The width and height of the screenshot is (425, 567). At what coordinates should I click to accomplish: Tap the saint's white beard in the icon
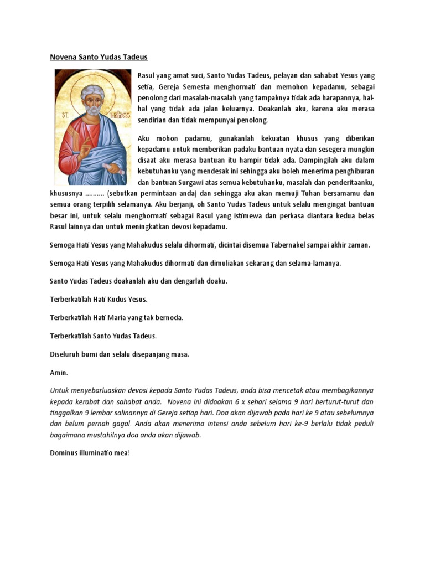pos(93,110)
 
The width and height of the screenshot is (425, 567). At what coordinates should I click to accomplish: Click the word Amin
pos(59,372)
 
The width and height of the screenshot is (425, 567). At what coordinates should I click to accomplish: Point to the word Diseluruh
pos(66,354)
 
